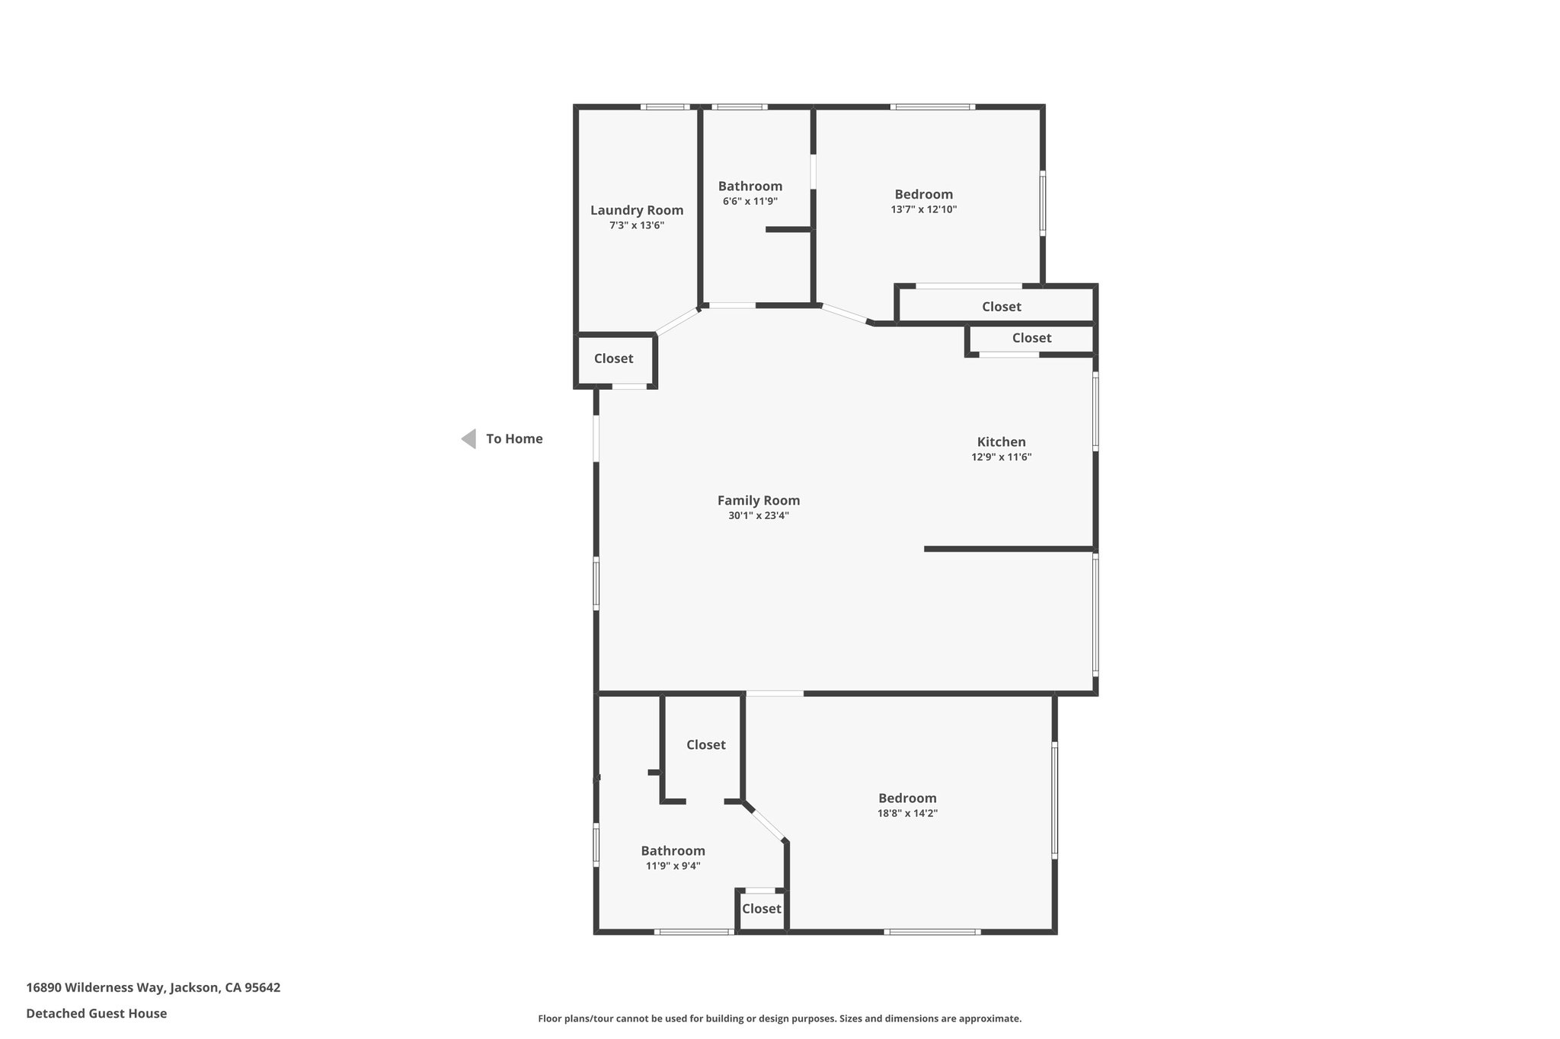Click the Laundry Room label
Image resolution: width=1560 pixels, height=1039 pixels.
[x=637, y=211]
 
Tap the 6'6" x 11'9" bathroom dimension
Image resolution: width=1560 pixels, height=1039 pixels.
[x=750, y=202]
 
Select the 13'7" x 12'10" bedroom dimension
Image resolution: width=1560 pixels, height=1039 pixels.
[x=923, y=209]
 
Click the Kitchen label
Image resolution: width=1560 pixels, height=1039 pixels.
[x=1001, y=441]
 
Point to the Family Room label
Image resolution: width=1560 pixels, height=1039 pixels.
[x=758, y=500]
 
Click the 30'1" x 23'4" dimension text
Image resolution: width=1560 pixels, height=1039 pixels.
[x=758, y=515]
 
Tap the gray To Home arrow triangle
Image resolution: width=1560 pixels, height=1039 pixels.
[x=469, y=438]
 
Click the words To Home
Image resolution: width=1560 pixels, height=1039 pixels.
[x=514, y=438]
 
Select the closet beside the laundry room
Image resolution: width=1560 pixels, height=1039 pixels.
[x=613, y=359]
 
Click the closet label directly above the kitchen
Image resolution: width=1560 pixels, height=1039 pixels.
[x=1031, y=338]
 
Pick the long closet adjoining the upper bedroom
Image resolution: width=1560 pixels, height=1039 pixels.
[x=1001, y=307]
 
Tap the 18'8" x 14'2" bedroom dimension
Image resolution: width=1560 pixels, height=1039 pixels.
[x=907, y=813]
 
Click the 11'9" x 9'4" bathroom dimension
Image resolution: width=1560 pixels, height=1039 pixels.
[x=673, y=865]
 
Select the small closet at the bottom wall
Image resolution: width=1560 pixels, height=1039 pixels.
[x=761, y=909]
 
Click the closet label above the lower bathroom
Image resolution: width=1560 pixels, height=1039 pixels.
[x=705, y=744]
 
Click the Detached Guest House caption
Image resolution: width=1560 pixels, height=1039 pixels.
[x=96, y=1013]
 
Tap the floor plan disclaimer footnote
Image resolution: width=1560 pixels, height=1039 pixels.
[x=779, y=1018]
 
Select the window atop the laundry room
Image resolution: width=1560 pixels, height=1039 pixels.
[x=664, y=107]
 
